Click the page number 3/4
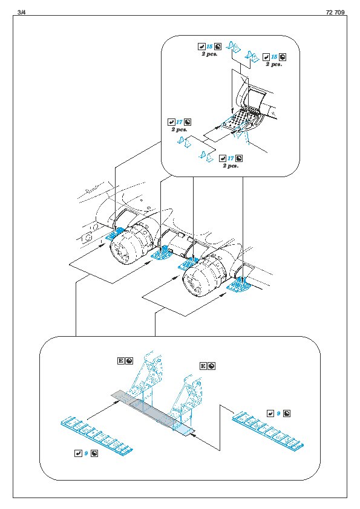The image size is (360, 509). pyautogui.click(x=22, y=12)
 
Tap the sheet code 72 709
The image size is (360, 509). pyautogui.click(x=335, y=12)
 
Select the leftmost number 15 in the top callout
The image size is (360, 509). pyautogui.click(x=209, y=47)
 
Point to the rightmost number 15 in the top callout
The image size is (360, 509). pyautogui.click(x=274, y=57)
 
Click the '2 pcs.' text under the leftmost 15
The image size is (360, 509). pyautogui.click(x=209, y=54)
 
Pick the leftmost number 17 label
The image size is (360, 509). pyautogui.click(x=179, y=122)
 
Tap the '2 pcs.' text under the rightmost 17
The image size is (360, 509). pyautogui.click(x=231, y=166)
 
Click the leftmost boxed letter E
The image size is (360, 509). pyautogui.click(x=120, y=361)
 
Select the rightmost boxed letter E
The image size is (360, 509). pyautogui.click(x=203, y=366)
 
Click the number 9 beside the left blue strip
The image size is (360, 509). pyautogui.click(x=86, y=453)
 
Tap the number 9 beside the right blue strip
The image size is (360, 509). pyautogui.click(x=278, y=413)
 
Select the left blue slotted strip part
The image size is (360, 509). pyautogui.click(x=97, y=435)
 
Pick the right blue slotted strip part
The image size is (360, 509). pyautogui.click(x=269, y=429)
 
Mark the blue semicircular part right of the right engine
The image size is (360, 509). pyautogui.click(x=240, y=283)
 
